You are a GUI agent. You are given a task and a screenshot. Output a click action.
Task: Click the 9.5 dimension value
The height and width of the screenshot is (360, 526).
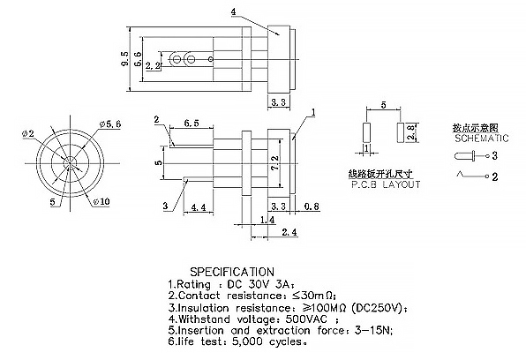point(124,58)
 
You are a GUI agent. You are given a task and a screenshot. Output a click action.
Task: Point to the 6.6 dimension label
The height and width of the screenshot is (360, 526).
point(138,59)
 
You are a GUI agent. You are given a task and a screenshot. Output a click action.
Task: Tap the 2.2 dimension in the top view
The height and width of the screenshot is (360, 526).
point(153,66)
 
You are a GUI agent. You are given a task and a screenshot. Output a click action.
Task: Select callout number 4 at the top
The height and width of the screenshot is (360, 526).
point(234,11)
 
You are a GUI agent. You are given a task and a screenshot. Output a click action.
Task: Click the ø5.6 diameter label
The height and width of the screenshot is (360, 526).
point(110,124)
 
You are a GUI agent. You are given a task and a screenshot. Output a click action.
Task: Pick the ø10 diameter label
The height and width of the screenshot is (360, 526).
point(101,201)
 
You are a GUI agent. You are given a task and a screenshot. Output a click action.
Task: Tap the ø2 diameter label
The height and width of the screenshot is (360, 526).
point(28,133)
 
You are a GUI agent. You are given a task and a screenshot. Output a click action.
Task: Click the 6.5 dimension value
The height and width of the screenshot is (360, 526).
point(192,124)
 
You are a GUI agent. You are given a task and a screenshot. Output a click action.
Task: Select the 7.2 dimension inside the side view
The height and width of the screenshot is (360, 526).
point(274,162)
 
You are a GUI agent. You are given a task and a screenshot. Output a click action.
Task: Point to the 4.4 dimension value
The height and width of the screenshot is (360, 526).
point(199,207)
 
